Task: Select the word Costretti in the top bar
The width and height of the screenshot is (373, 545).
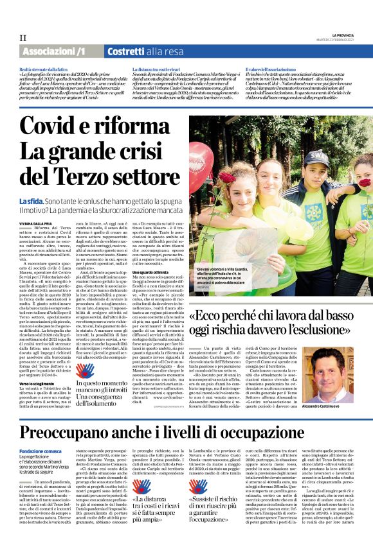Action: [129, 51]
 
